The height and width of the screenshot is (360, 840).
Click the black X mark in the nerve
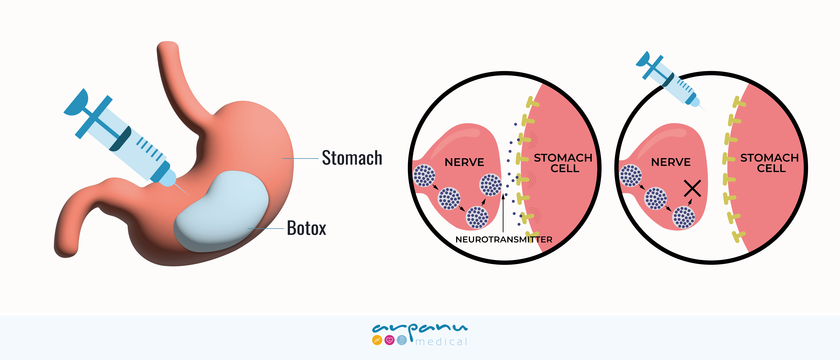pyautogui.click(x=692, y=188)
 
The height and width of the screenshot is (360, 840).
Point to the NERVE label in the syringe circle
pyautogui.click(x=671, y=162)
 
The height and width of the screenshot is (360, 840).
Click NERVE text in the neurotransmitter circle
pyautogui.click(x=464, y=162)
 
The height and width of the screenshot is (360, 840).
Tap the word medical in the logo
pyautogui.click(x=442, y=342)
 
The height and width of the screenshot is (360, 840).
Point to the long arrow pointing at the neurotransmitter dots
pyautogui.click(x=503, y=212)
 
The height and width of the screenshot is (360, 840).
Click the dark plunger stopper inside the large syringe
pyautogui.click(x=121, y=139)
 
